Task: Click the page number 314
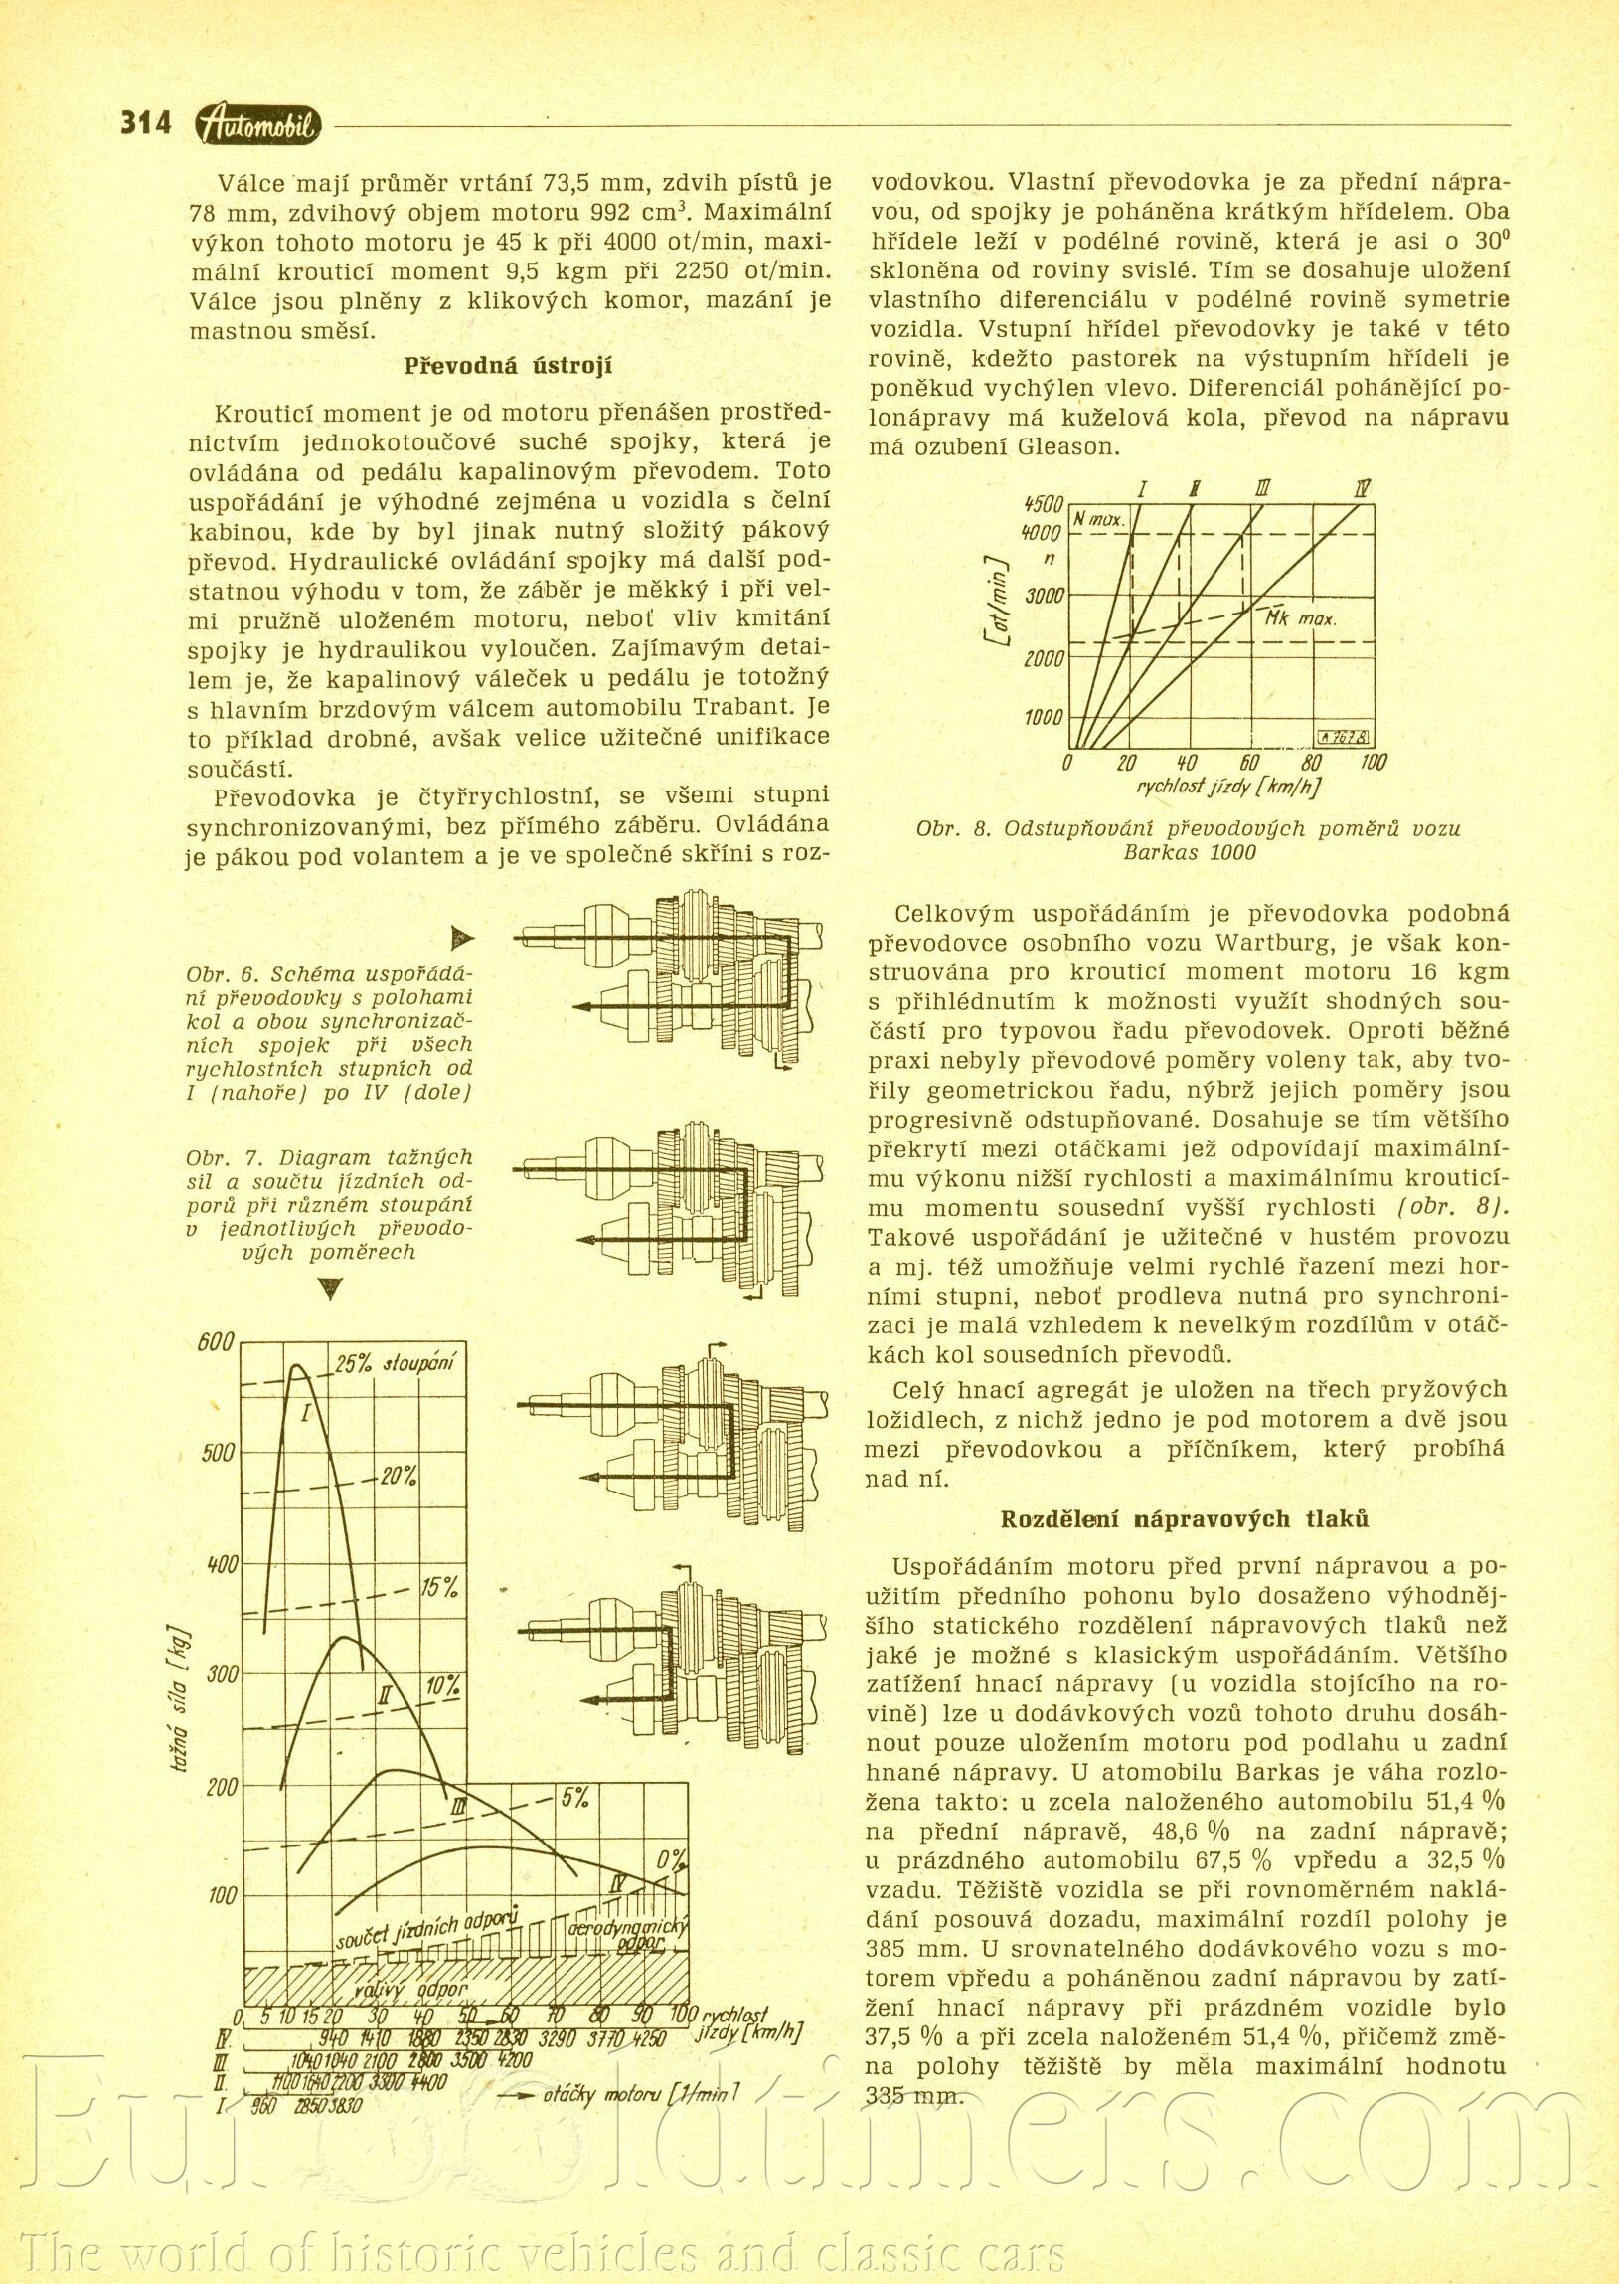pos(145,122)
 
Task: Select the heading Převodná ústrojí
pos(509,366)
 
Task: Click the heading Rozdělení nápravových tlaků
pos(1185,1519)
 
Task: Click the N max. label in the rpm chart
pos(1098,521)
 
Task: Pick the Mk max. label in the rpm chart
pos(1301,618)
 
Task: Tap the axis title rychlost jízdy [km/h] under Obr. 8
pos(1228,786)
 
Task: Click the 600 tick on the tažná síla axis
pos(215,1342)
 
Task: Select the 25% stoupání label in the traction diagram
pos(393,1364)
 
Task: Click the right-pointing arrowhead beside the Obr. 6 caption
pos(462,938)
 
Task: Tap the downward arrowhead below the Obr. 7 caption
pos(330,1290)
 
